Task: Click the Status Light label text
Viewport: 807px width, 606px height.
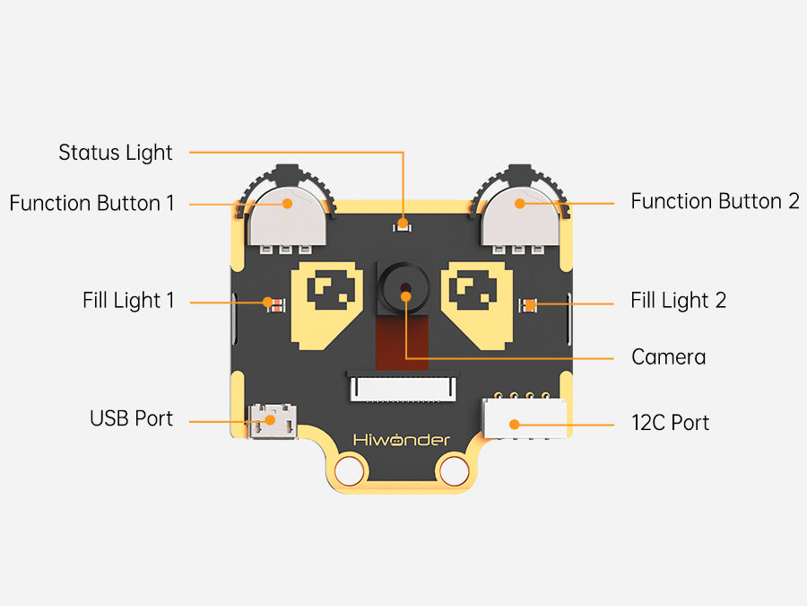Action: [115, 153]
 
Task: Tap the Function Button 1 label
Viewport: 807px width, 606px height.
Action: [91, 203]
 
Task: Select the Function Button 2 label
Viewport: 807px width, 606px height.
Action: [715, 201]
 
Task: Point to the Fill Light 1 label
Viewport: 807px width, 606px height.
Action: [128, 300]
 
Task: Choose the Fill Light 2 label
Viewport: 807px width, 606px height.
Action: [678, 300]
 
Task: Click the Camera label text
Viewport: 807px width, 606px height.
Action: [668, 357]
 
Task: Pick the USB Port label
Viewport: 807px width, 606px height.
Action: [131, 418]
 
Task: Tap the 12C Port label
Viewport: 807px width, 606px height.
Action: [670, 422]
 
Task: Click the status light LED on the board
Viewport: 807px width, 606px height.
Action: [403, 224]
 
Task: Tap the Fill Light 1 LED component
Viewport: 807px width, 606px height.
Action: [274, 303]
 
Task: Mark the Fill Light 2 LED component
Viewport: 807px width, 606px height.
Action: [530, 305]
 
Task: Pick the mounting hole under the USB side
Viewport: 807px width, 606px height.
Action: [348, 469]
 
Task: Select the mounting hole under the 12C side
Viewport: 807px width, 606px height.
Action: [456, 469]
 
